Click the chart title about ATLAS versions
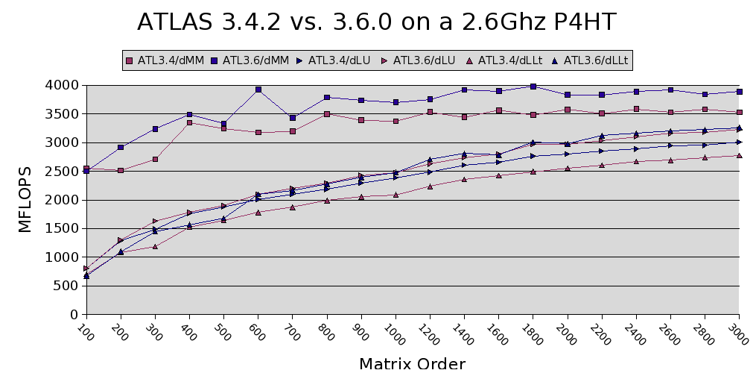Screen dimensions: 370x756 [377, 22]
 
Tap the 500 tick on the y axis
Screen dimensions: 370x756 [66, 286]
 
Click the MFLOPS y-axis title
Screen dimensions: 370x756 [25, 200]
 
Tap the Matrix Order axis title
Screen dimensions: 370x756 [412, 363]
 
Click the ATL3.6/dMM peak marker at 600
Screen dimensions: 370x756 [258, 90]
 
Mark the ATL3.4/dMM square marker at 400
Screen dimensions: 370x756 [189, 122]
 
